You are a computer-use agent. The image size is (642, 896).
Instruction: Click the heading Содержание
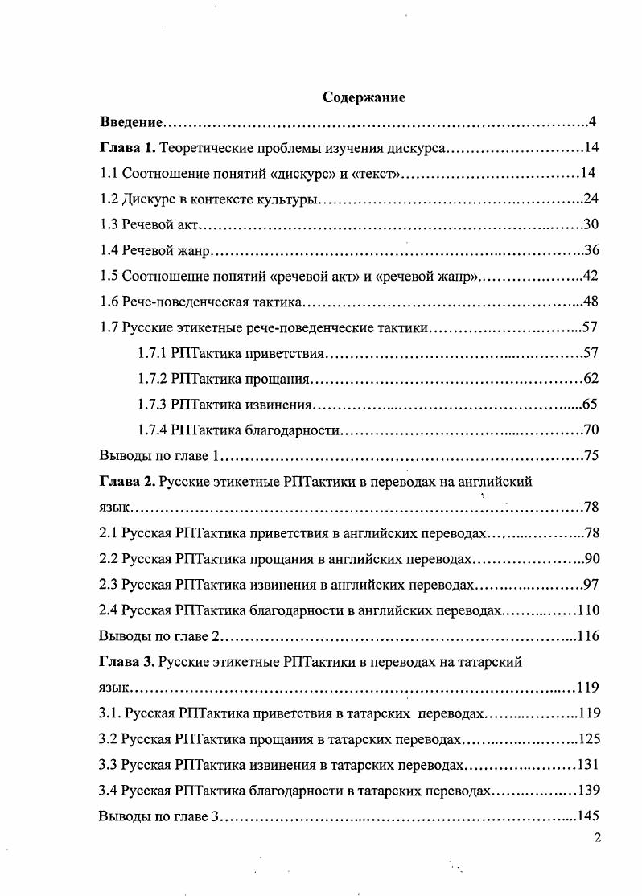point(364,97)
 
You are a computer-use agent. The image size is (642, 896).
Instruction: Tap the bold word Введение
point(131,122)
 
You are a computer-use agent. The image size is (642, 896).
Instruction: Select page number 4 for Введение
point(591,122)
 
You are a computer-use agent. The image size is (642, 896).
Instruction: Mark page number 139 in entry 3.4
point(588,791)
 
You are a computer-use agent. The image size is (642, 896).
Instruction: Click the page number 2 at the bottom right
point(596,838)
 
